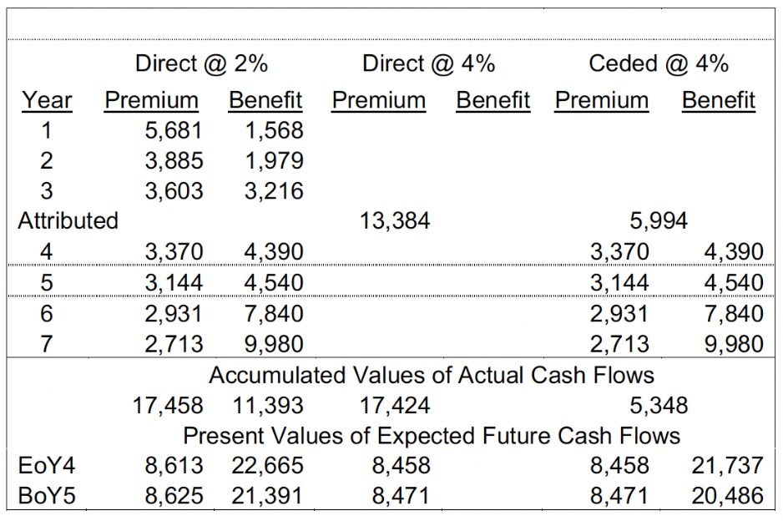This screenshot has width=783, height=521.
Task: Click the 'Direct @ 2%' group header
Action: [x=201, y=63]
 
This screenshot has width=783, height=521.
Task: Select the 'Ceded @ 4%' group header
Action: [x=658, y=63]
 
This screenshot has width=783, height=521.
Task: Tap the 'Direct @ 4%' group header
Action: [x=428, y=63]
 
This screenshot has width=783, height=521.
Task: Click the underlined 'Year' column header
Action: [x=47, y=101]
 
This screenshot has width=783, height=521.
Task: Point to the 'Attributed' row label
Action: [x=68, y=221]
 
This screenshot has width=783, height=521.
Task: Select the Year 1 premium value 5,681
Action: [x=174, y=131]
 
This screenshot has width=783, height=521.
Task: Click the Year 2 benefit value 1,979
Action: [x=274, y=161]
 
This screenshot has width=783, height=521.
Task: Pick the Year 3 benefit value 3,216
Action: [x=274, y=191]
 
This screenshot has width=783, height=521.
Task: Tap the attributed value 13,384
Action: [x=395, y=221]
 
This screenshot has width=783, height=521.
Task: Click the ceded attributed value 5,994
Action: [x=659, y=221]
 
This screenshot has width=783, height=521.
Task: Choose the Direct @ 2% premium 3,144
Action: [x=174, y=282]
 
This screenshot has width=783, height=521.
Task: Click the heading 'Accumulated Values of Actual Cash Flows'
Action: [x=431, y=375]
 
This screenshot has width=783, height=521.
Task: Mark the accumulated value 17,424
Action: [x=395, y=406]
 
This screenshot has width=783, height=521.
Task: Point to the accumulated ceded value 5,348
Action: [x=659, y=406]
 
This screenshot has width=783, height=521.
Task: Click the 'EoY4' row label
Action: [x=47, y=466]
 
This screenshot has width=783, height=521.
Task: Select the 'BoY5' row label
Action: [x=47, y=496]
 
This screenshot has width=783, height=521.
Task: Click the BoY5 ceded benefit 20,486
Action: [x=727, y=496]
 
